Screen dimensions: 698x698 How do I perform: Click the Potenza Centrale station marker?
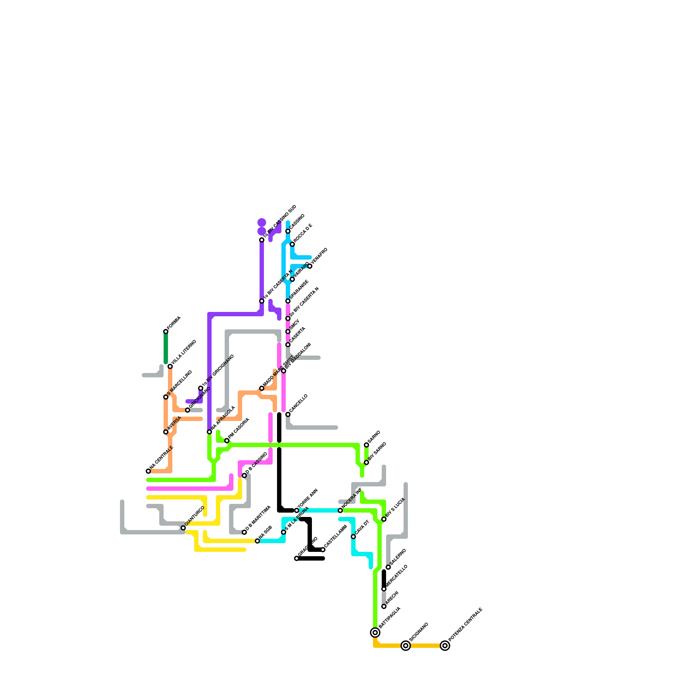tap(445, 646)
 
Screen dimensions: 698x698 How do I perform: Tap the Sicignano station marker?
tap(406, 646)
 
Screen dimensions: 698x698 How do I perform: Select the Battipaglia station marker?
tap(375, 633)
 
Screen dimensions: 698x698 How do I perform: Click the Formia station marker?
tap(166, 332)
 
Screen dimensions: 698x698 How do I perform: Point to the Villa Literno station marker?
tap(170, 366)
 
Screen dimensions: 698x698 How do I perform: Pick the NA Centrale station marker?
tap(148, 471)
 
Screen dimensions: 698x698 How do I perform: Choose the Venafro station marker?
tap(310, 266)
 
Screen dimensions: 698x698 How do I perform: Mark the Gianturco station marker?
tap(183, 528)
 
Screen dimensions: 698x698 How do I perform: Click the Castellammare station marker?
tap(323, 550)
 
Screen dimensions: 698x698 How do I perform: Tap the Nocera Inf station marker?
tap(340, 510)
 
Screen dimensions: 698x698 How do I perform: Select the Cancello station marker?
tap(288, 414)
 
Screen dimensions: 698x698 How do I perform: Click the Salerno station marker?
tap(388, 567)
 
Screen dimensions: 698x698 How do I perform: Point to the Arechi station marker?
tap(384, 606)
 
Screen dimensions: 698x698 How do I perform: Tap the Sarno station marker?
tap(366, 445)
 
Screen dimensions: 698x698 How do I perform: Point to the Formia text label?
tap(174, 323)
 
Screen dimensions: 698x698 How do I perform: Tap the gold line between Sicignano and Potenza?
tap(425, 646)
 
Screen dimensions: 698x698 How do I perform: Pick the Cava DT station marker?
tap(353, 537)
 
